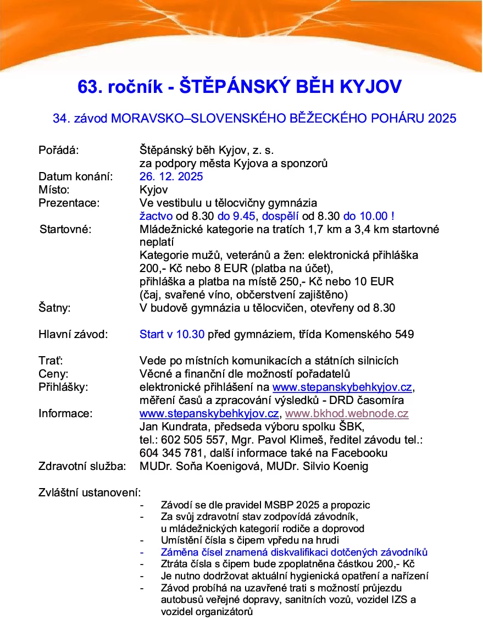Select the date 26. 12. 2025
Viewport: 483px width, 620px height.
click(171, 176)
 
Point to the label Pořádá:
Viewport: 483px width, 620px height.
click(59, 150)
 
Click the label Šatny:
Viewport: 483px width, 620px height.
click(54, 308)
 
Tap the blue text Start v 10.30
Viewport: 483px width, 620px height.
click(172, 334)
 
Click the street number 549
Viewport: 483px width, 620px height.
click(405, 334)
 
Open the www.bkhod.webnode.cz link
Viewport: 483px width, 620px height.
click(347, 413)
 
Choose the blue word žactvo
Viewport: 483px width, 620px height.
click(156, 216)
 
